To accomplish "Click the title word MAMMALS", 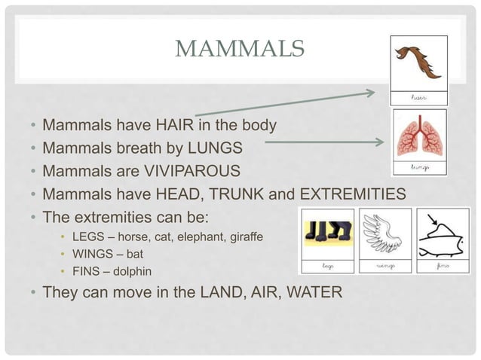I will pos(239,51).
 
